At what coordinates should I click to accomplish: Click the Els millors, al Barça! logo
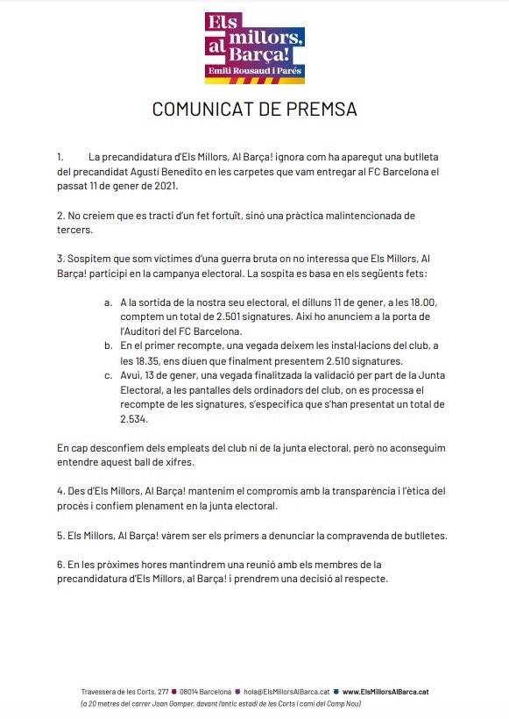click(255, 47)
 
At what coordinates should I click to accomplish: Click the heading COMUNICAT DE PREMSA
click(254, 110)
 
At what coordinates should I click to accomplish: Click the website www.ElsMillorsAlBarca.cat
click(385, 692)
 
